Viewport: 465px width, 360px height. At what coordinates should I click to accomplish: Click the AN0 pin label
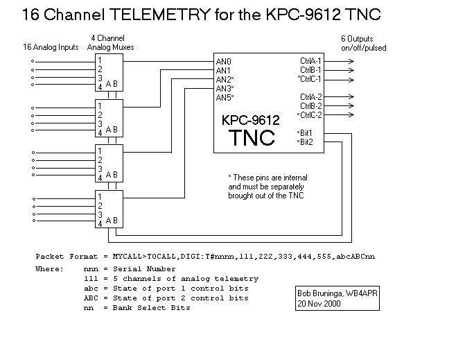[223, 62]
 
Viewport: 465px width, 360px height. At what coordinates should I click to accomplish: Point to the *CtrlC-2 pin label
[309, 114]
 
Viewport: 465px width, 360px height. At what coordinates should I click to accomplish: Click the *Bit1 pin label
[305, 132]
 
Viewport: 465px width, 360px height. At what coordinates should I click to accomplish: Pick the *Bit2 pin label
[305, 142]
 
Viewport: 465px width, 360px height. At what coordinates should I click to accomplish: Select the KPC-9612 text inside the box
[251, 119]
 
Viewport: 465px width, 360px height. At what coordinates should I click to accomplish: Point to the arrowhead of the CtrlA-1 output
[351, 62]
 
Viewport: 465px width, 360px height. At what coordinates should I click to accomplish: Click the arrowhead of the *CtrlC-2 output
[351, 114]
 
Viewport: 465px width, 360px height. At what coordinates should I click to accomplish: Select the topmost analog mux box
[109, 73]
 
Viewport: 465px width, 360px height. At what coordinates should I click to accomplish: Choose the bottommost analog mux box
[109, 208]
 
